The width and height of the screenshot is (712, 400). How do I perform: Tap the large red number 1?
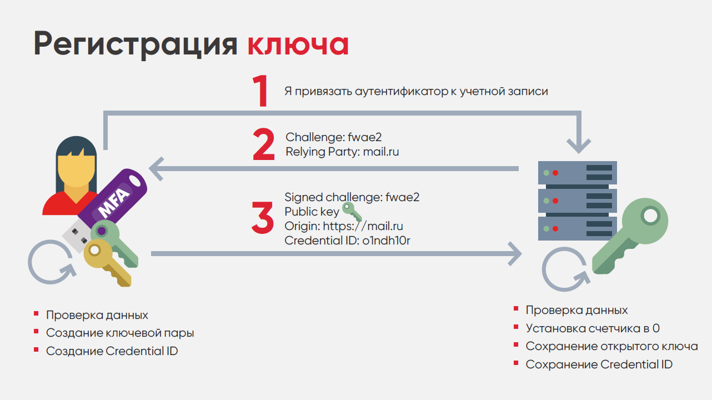(260, 91)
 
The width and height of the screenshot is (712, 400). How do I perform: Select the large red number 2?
(264, 144)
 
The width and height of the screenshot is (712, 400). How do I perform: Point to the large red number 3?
(263, 218)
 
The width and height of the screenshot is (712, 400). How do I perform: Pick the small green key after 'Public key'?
(351, 212)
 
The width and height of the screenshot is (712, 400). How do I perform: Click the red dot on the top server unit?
(555, 173)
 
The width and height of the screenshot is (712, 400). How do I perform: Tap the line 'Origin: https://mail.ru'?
(344, 226)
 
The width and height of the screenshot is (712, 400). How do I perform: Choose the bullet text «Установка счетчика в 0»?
(593, 328)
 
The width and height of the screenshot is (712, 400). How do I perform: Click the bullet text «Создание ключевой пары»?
(120, 333)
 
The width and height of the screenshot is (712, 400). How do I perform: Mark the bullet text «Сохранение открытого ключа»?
(611, 346)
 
